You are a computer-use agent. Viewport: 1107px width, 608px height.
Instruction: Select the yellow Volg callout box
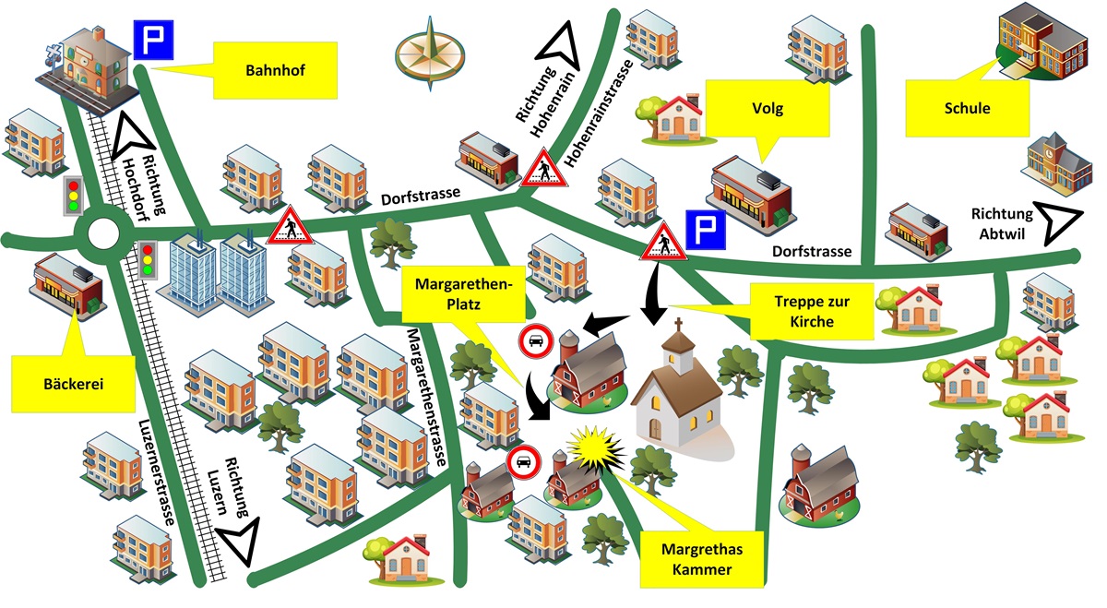point(768,109)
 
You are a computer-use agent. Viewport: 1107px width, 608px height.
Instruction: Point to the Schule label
point(967,109)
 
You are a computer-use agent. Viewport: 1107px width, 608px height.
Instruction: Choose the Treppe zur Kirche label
point(812,310)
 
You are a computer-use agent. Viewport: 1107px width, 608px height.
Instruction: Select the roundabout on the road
point(100,238)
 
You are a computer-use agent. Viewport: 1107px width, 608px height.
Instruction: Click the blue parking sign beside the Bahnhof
point(149,40)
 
